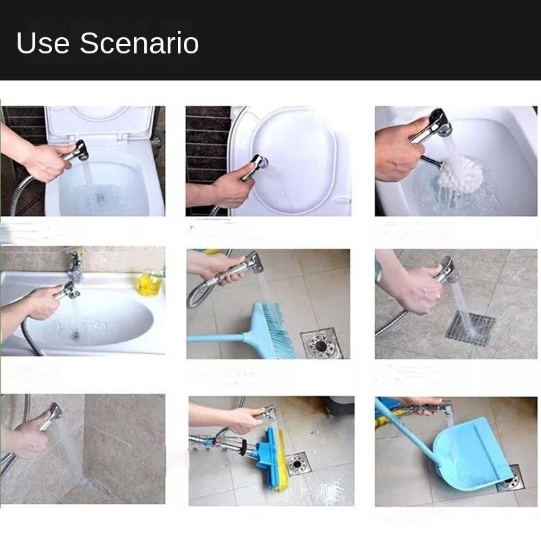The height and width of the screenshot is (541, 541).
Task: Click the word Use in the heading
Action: (43, 43)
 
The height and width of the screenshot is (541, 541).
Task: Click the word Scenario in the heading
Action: (139, 43)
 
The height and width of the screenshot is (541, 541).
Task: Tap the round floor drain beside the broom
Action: (321, 344)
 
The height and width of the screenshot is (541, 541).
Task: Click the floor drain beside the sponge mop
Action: (298, 463)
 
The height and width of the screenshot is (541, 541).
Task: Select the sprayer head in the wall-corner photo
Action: (53, 412)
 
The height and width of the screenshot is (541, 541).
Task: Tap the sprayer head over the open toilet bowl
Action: (79, 150)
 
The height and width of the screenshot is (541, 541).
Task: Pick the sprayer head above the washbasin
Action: (68, 291)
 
